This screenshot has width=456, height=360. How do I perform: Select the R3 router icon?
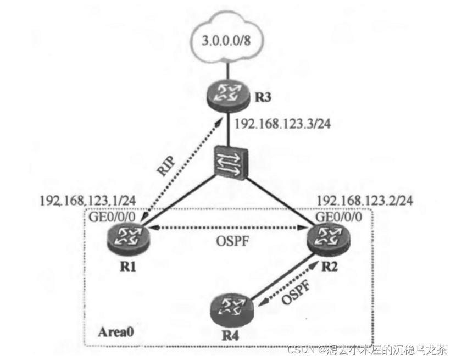tap(227, 95)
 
